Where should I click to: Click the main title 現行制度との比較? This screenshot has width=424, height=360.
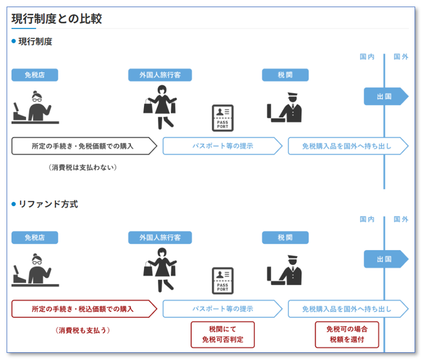tap(57, 18)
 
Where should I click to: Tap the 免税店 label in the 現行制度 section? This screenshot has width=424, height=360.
tap(34, 75)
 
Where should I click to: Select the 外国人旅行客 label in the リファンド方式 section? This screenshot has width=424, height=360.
tap(160, 237)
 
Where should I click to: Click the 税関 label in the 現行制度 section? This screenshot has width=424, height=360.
tap(285, 75)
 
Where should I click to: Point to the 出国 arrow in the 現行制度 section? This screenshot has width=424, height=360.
tap(386, 96)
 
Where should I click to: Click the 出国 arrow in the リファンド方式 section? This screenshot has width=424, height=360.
tap(386, 259)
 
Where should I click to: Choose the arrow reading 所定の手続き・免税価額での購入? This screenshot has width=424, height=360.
tap(83, 146)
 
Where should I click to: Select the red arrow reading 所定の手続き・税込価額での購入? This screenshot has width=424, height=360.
tap(83, 309)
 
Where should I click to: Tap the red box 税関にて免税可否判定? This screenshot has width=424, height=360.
tap(222, 334)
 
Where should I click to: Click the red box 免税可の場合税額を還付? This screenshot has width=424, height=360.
tap(347, 334)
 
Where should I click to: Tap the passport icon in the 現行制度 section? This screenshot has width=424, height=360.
tap(223, 118)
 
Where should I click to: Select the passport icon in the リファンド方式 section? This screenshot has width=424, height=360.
tap(223, 281)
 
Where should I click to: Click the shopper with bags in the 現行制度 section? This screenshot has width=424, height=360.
tap(160, 107)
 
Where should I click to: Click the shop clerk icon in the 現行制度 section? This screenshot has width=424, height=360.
tap(36, 107)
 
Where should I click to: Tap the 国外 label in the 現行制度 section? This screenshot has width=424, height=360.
tap(401, 57)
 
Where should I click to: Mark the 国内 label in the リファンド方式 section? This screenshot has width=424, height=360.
tap(367, 219)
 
